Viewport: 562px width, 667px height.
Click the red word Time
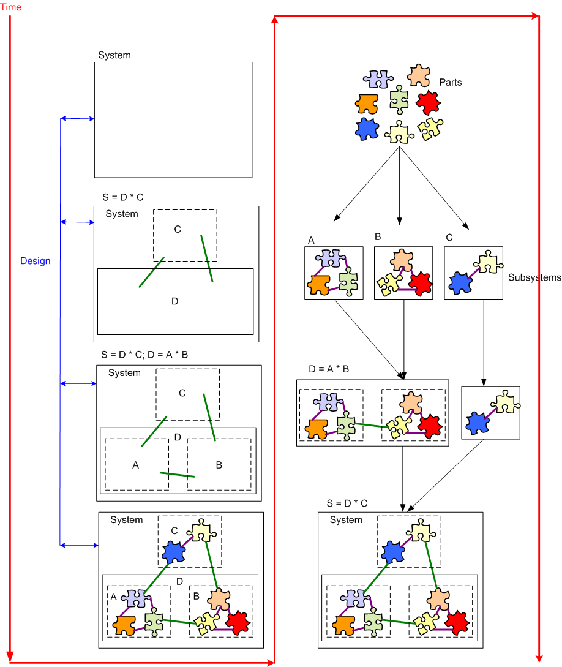click(10, 7)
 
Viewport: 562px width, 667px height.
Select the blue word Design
click(35, 261)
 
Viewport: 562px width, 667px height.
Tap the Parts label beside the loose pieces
click(451, 82)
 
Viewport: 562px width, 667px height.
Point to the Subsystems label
click(534, 277)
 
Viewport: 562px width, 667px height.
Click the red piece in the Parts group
click(429, 102)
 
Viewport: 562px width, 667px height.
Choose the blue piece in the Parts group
click(367, 129)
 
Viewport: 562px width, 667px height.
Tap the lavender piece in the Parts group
click(378, 78)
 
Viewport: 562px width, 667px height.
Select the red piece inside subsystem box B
click(420, 283)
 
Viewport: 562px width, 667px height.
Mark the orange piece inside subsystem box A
click(320, 284)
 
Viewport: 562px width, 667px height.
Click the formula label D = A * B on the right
click(329, 370)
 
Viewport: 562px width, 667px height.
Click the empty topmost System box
click(173, 120)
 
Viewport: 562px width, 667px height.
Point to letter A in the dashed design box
click(136, 465)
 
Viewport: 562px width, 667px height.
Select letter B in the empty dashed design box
click(219, 465)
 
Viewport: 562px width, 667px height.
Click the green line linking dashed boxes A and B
click(178, 475)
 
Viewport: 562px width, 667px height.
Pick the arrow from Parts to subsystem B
click(400, 184)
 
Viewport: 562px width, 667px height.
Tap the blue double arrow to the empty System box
click(77, 118)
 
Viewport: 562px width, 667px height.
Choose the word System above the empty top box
click(114, 55)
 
